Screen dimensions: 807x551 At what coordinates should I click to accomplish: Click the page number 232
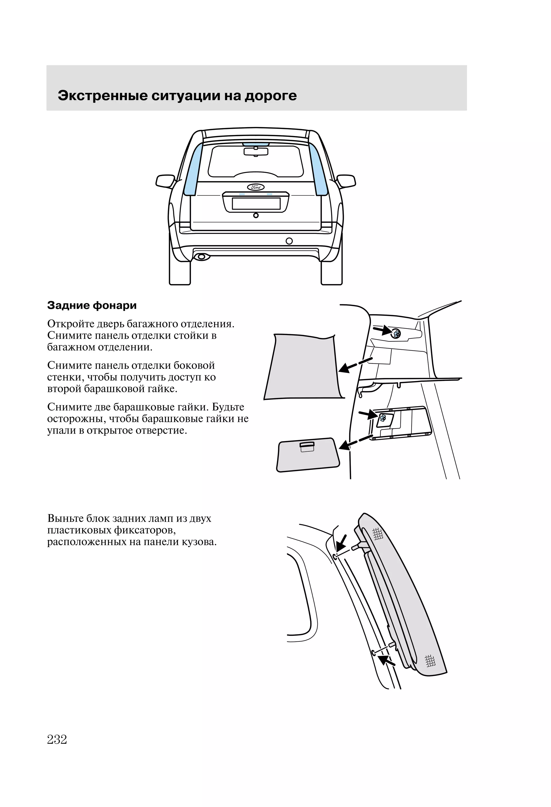[57, 739]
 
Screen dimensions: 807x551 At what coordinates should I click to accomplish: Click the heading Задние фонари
[92, 306]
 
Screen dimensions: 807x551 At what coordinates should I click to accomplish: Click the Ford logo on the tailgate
[256, 187]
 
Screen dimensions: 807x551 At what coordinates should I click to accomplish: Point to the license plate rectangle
[256, 203]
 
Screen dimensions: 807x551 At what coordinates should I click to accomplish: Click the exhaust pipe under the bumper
[201, 257]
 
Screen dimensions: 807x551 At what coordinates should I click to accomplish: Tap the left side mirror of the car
[165, 181]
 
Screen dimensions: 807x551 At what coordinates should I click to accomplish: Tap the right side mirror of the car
[346, 181]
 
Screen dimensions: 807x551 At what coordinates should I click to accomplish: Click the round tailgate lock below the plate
[256, 215]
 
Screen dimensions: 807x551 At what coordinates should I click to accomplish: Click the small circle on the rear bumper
[289, 241]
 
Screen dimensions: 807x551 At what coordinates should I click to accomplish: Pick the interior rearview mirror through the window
[256, 151]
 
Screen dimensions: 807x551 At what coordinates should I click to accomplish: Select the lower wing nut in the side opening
[383, 419]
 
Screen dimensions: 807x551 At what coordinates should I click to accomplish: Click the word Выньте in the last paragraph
[65, 519]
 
